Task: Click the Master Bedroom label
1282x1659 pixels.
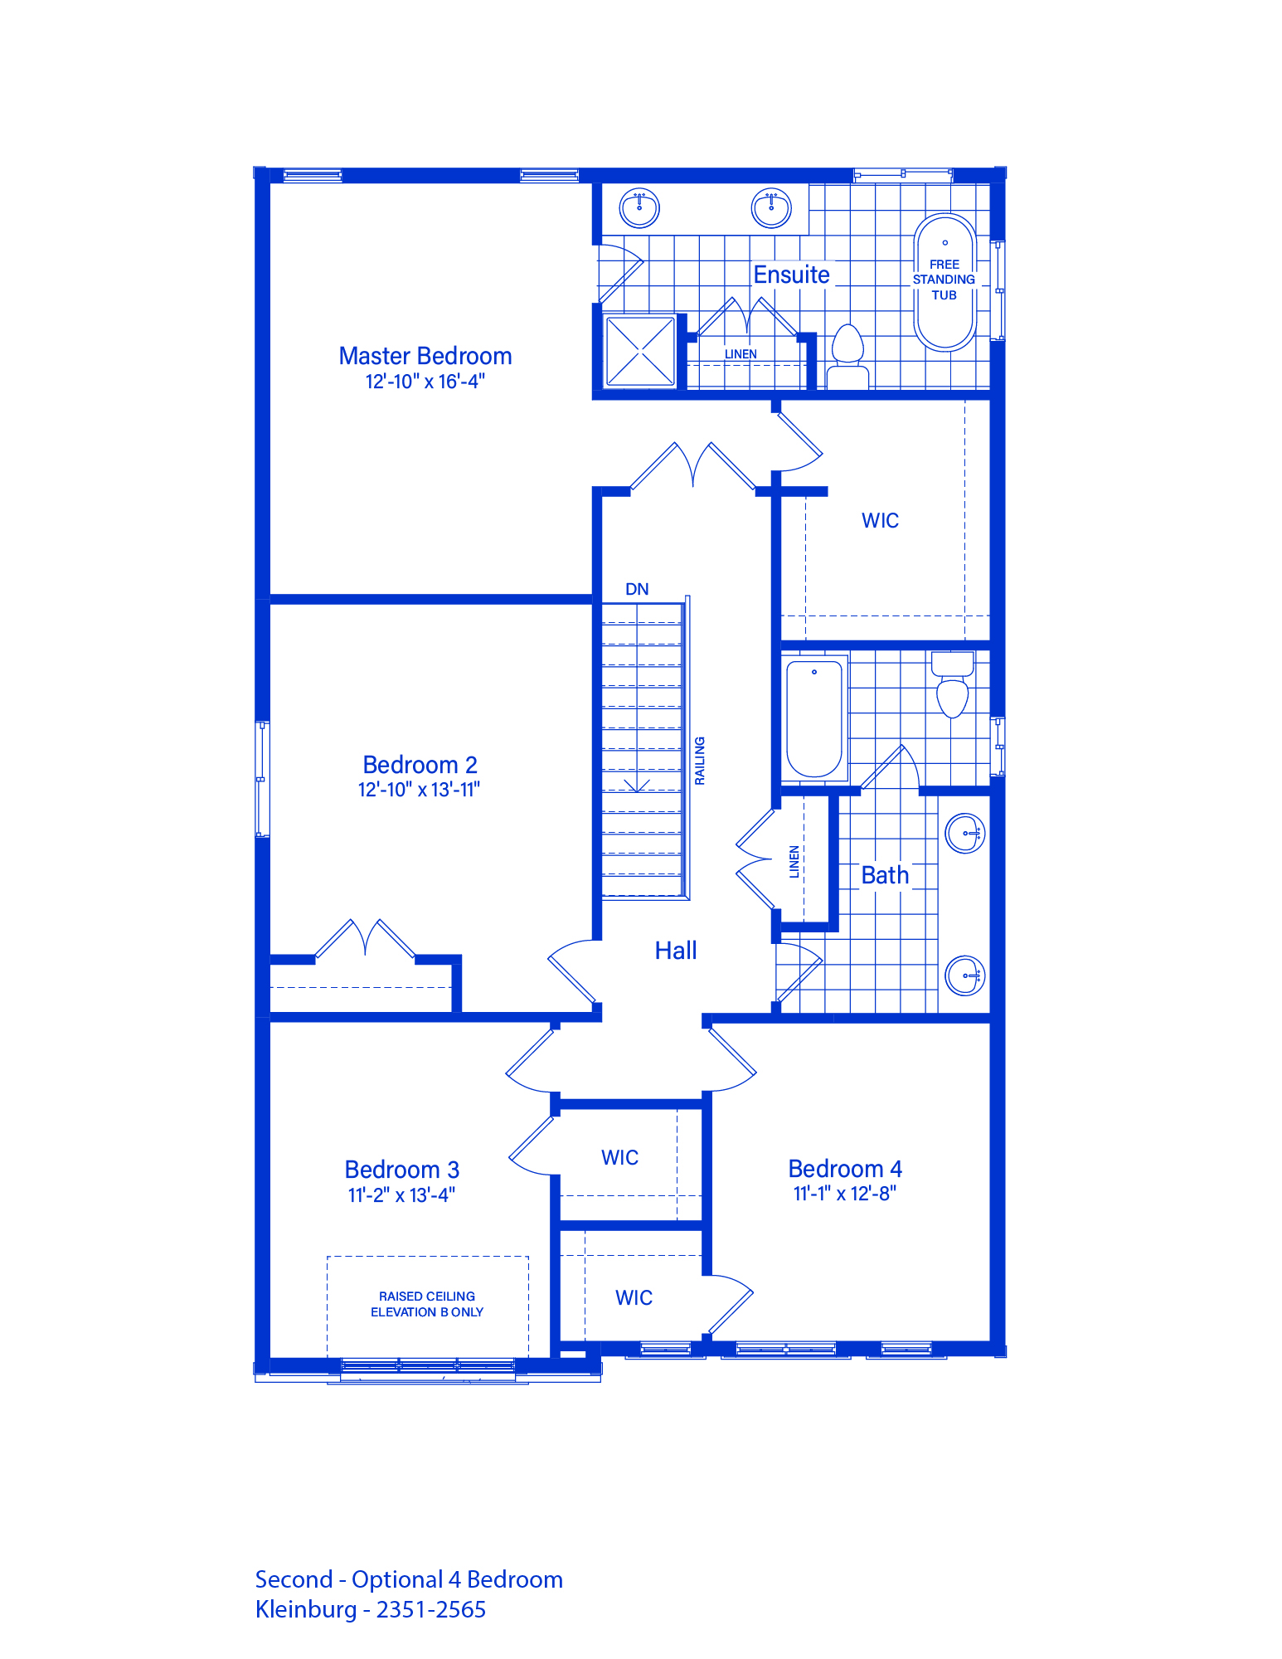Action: (x=425, y=356)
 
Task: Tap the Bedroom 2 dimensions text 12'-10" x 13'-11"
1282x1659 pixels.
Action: (x=419, y=790)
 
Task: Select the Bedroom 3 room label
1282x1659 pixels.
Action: (x=402, y=1170)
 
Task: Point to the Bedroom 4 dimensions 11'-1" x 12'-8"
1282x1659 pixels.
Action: (x=845, y=1194)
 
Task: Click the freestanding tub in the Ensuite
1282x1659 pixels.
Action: (x=945, y=282)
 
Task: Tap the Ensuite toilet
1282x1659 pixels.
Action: (x=847, y=357)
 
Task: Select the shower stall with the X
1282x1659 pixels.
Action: (x=640, y=351)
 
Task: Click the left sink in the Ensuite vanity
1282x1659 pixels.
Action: (x=639, y=207)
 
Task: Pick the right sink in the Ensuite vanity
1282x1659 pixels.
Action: (x=771, y=207)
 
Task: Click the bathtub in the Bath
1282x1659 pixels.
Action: (x=814, y=718)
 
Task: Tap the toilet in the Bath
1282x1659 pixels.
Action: (x=952, y=684)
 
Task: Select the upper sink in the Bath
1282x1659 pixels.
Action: (x=965, y=833)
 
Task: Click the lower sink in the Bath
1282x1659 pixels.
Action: (x=965, y=975)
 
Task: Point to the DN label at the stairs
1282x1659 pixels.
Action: (x=637, y=589)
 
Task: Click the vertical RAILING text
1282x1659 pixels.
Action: (x=700, y=761)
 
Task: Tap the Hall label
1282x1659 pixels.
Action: (x=676, y=951)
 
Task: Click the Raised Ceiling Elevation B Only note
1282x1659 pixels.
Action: (x=427, y=1304)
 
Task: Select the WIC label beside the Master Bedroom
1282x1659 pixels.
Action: (x=880, y=521)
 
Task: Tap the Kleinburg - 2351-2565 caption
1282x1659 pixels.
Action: (x=371, y=1610)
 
